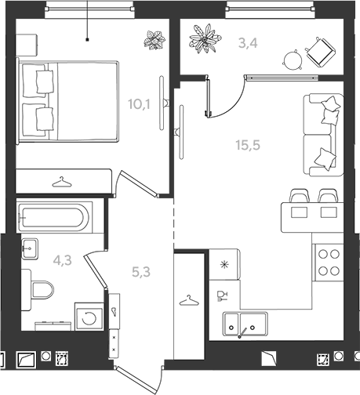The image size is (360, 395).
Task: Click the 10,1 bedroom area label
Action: point(139,104)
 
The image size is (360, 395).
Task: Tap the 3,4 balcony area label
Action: point(248,43)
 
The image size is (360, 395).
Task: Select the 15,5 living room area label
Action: point(248,145)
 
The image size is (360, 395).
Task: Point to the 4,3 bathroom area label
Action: point(62,260)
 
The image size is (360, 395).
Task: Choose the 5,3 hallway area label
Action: point(141,272)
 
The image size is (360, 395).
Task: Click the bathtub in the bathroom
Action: point(55,216)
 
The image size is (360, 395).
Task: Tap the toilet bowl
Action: point(39,290)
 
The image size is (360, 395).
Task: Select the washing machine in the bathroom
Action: point(89,317)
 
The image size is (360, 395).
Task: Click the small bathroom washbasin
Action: point(30,248)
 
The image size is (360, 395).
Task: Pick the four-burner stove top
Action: point(329,263)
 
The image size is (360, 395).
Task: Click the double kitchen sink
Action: point(245,324)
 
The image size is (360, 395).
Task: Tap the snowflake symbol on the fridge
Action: point(224,265)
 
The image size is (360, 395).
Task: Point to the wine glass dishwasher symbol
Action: point(223,296)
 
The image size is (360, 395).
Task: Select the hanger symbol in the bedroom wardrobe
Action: point(62,182)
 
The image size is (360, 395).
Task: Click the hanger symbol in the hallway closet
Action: point(189,300)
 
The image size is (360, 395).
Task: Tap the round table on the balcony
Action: point(293,60)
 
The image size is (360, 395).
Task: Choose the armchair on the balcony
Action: point(321,52)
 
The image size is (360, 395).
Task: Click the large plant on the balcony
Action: point(205,38)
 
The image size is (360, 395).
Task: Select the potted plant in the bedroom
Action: point(155,40)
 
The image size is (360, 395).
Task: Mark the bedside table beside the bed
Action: point(27,45)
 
